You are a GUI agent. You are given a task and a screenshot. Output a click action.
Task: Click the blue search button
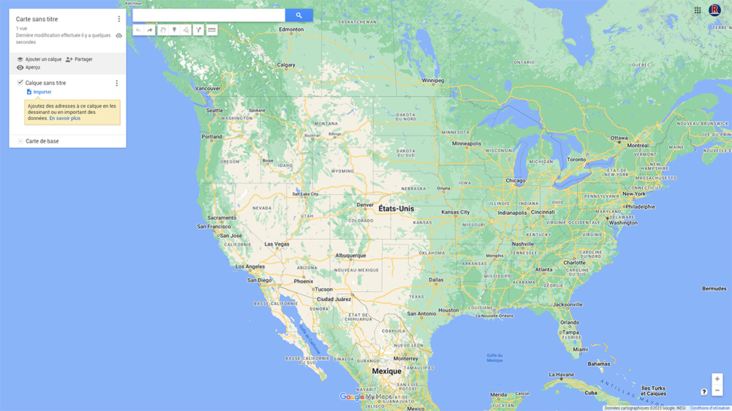(x=299, y=15)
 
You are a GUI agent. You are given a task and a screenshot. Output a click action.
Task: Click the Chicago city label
(x=515, y=181)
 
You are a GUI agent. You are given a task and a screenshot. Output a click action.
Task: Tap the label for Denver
(x=365, y=205)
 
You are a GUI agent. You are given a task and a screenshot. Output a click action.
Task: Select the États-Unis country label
(x=396, y=209)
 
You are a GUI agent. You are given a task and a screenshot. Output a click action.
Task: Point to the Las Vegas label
(x=277, y=244)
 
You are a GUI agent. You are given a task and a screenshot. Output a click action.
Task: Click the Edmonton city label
(x=291, y=30)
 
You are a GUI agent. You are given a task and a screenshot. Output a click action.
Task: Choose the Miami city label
(x=580, y=350)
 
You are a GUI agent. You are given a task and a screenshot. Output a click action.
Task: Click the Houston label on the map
(x=448, y=310)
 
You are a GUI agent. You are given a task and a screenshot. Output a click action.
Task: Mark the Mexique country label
(x=386, y=372)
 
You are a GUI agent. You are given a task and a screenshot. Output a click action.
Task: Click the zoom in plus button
(x=717, y=379)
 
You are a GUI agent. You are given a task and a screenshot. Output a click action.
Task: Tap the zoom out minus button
(x=717, y=391)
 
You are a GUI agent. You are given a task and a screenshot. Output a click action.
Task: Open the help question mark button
(x=704, y=392)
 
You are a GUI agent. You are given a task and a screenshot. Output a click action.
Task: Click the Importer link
(x=42, y=92)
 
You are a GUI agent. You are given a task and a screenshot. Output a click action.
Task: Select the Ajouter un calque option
(x=43, y=59)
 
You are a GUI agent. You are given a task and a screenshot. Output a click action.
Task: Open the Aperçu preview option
(x=32, y=67)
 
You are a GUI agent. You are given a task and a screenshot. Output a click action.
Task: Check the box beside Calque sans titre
(x=20, y=83)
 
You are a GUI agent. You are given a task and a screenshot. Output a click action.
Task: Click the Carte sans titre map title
(x=37, y=19)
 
